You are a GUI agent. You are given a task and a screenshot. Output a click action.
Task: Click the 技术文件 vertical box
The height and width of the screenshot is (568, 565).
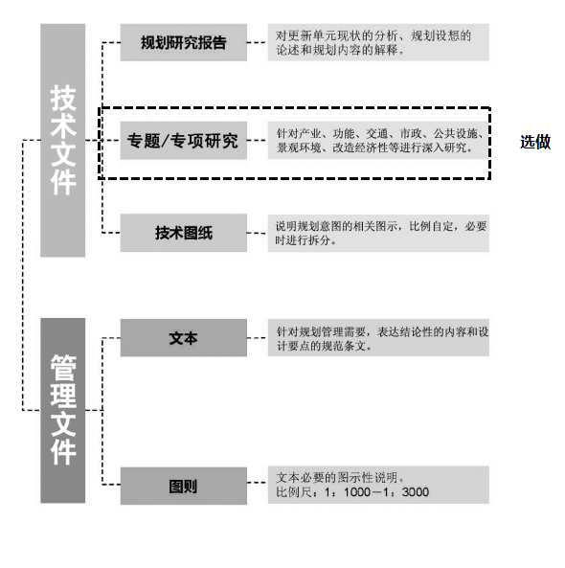pos(62,140)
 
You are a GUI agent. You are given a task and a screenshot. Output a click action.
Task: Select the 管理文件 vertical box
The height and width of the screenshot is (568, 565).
pos(62,410)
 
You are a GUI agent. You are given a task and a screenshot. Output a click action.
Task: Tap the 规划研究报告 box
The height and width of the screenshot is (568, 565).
pos(184,42)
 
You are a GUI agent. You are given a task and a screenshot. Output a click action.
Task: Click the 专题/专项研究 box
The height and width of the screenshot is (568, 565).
pos(184,141)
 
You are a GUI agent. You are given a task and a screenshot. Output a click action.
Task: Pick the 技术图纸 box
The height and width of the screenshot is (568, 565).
pos(184,233)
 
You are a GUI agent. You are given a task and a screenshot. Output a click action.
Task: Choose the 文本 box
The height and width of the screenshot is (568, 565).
pos(184,337)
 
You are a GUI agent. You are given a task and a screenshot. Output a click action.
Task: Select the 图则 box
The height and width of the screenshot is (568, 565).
pos(184,486)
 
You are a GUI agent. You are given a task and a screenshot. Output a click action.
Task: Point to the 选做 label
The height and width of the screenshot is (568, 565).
pos(535,142)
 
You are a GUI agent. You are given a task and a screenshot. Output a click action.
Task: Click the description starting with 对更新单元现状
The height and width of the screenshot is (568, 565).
pos(378,42)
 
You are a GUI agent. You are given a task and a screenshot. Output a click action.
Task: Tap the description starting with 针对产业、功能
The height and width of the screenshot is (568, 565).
pos(378,141)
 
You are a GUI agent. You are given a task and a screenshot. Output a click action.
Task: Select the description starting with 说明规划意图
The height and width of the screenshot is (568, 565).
pos(378,233)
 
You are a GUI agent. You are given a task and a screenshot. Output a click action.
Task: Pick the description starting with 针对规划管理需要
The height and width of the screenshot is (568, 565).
pos(378,337)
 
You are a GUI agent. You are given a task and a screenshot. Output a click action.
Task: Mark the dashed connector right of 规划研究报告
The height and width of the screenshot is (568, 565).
pos(258,42)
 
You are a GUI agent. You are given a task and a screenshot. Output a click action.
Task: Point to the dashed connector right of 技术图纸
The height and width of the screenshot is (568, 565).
pos(258,233)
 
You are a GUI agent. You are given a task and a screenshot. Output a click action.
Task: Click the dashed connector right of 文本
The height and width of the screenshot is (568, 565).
pos(258,337)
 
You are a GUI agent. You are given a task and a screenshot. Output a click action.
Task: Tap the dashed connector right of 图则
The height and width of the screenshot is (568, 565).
pos(258,483)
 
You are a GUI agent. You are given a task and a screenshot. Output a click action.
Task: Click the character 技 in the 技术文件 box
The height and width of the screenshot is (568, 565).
pos(63,99)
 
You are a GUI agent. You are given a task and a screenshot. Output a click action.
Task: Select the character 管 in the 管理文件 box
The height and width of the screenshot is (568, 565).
pos(63,368)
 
